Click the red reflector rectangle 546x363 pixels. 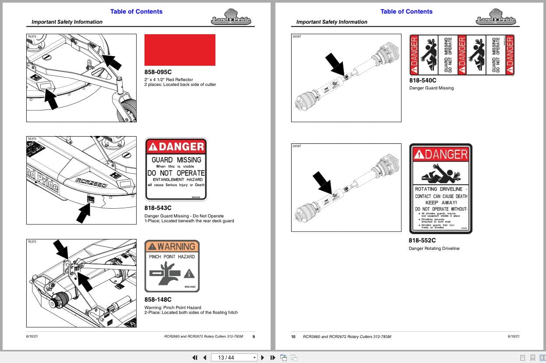[x=180, y=50]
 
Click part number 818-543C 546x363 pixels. [x=158, y=208]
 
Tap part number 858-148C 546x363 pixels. [x=158, y=300]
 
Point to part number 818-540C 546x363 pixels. [x=423, y=80]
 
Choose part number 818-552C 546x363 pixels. [x=422, y=240]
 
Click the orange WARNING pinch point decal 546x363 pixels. [x=172, y=266]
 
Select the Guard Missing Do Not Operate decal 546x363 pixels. [x=176, y=169]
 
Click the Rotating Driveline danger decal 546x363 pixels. [x=441, y=189]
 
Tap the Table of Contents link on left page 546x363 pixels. [x=136, y=11]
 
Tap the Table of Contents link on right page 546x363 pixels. [x=406, y=11]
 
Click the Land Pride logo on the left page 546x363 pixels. [x=231, y=19]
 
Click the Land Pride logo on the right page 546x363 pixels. [x=496, y=19]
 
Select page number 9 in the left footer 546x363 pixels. [x=254, y=337]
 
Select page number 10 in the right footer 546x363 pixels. [x=294, y=337]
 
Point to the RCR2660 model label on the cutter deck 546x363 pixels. [x=91, y=183]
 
